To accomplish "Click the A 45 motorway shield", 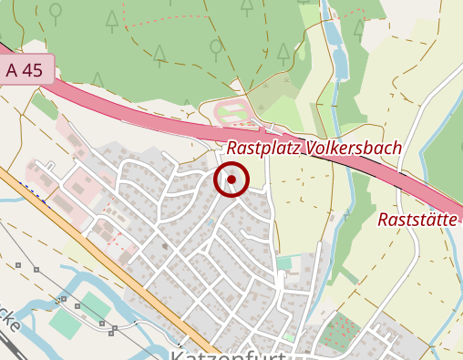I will point(25,70).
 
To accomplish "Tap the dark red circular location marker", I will point(231,180).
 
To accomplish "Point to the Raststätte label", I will point(418,220).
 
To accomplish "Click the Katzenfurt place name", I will point(228,353).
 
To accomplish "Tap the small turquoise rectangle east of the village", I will point(285,263).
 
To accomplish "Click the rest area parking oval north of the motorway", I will point(234,115).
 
